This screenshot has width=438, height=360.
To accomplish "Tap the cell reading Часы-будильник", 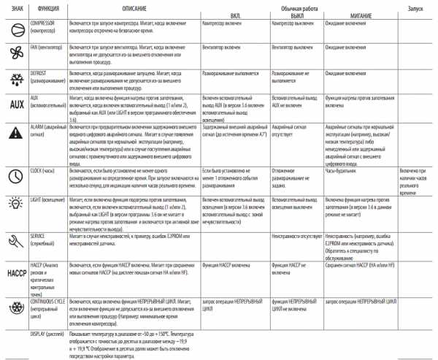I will coord(342,170).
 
